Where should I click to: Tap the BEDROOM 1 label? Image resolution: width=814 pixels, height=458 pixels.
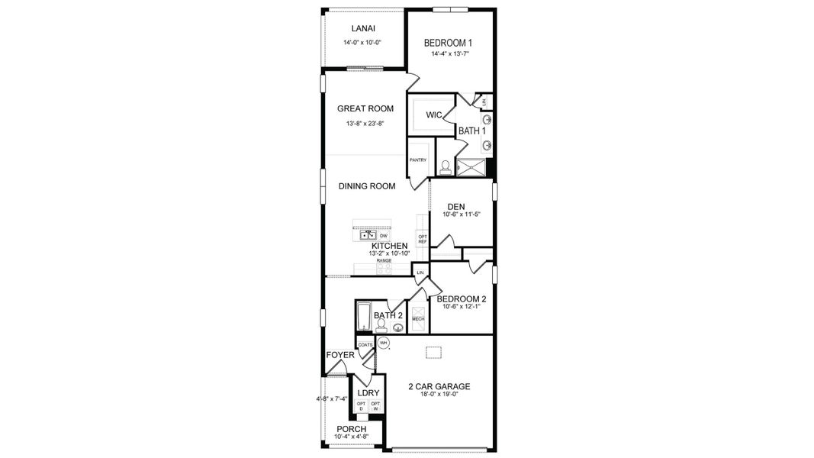449,43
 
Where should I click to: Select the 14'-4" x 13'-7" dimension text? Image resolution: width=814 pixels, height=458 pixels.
449,54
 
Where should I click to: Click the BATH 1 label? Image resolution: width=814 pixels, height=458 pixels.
472,131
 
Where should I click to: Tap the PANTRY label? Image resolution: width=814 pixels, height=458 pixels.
417,160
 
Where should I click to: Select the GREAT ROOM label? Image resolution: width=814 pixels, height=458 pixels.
365,108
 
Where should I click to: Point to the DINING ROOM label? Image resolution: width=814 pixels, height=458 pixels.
367,186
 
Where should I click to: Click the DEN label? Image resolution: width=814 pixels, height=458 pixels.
456,206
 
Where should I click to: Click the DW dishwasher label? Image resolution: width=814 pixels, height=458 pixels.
384,236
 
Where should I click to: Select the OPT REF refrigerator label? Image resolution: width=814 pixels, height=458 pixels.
423,239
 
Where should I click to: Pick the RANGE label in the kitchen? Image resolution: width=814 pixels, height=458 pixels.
384,261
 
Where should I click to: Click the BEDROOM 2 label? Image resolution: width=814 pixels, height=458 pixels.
462,298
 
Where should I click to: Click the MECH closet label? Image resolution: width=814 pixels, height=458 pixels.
417,318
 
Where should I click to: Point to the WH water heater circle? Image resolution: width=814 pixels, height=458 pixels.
384,343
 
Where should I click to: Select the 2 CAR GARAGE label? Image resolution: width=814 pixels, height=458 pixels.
439,386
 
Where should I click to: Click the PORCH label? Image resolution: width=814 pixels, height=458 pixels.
352,429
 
